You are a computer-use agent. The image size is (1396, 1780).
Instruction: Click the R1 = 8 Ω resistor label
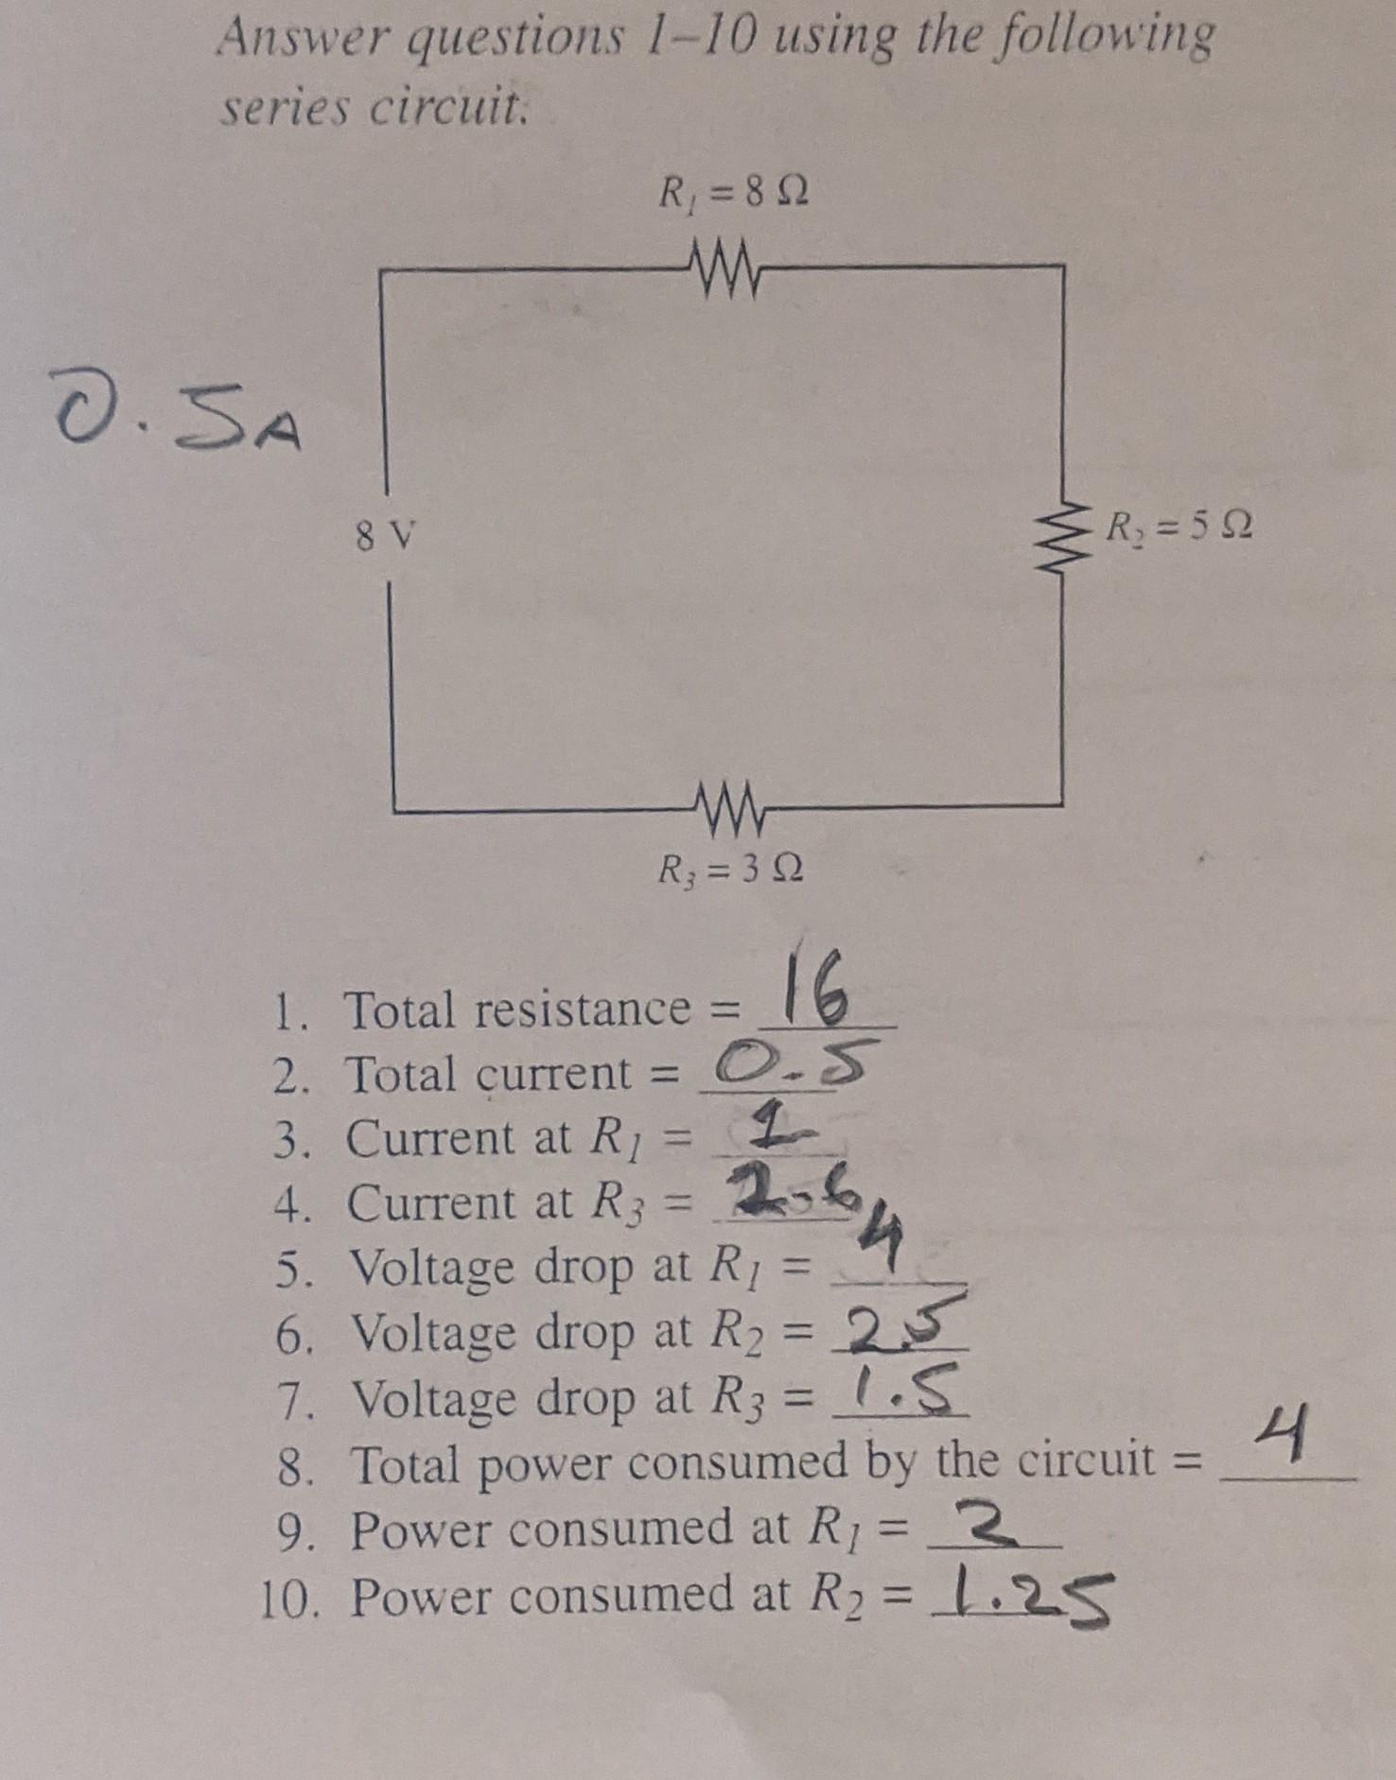tap(733, 196)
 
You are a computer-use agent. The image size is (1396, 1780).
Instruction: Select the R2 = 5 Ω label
tap(1181, 524)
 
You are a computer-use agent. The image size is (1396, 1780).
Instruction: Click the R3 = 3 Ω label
tap(731, 868)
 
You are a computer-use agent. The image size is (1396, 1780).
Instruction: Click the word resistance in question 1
tap(582, 1010)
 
